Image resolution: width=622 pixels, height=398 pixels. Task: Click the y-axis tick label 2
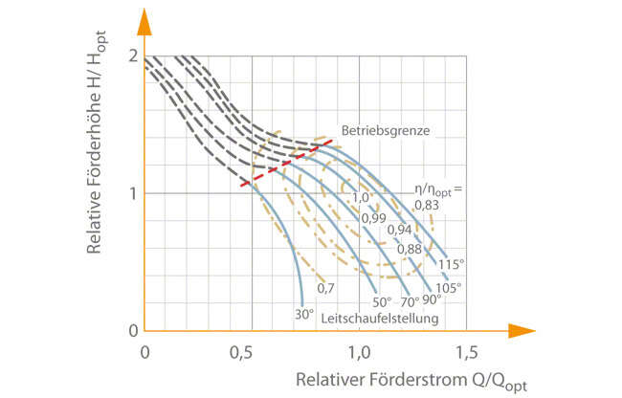[131, 55]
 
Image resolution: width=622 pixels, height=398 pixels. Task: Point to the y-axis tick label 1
[132, 193]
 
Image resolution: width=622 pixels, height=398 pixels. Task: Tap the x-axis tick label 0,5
[252, 352]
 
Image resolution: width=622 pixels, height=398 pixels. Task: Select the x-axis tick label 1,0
[360, 352]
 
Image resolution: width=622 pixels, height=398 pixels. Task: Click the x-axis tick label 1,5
[466, 352]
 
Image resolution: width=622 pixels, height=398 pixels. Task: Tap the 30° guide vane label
[303, 312]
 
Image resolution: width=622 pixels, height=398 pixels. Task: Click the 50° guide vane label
[382, 301]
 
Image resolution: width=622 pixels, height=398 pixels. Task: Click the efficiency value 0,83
[428, 205]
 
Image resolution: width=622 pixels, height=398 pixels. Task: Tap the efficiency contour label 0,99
[372, 218]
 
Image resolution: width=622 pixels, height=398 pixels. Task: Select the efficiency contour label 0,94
[399, 231]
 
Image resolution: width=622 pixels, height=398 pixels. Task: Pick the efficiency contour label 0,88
[410, 249]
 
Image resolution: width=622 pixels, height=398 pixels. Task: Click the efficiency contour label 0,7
[324, 287]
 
